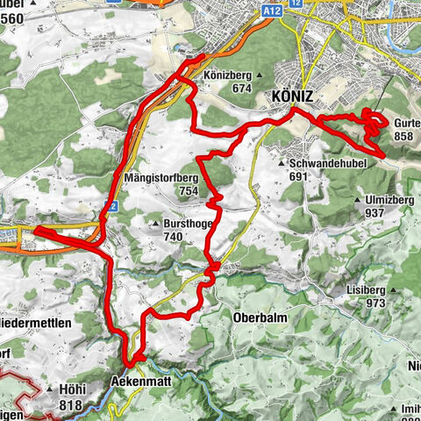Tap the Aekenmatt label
pyautogui.click(x=140, y=383)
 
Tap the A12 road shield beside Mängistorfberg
pyautogui.click(x=109, y=203)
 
